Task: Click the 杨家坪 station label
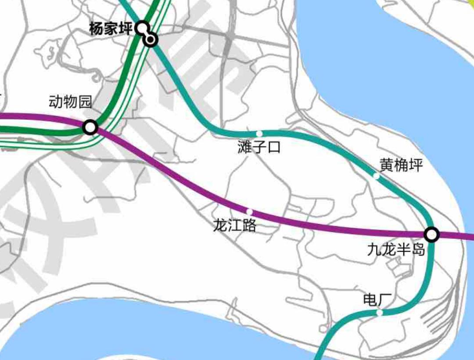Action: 111,29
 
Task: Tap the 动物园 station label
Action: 70,102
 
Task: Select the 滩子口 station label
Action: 259,147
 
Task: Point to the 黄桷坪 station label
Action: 401,166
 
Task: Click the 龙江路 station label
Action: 234,226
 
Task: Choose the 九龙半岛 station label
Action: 396,250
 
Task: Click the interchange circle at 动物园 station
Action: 90,127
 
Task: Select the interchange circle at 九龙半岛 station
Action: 432,234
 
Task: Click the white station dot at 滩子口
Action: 259,133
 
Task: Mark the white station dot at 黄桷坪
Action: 376,176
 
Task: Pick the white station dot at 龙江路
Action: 249,212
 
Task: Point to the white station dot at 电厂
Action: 380,313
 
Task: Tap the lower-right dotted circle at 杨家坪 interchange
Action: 151,40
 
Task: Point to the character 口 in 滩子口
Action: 273,147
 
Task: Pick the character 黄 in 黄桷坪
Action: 387,166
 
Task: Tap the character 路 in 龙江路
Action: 249,226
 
